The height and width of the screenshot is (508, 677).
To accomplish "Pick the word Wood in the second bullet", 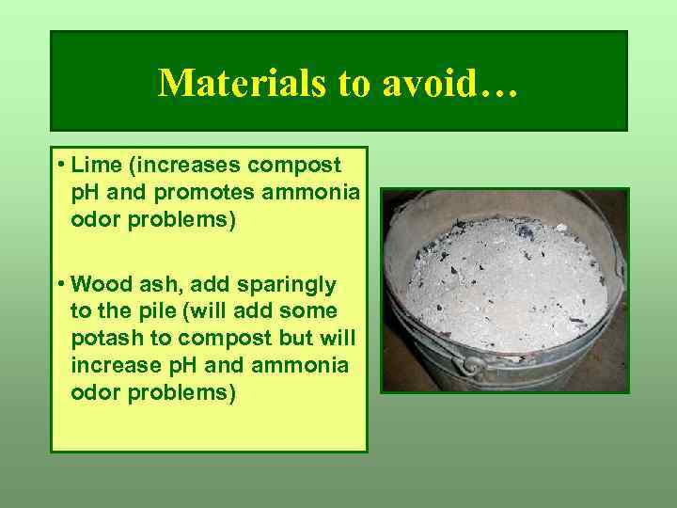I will click(102, 283).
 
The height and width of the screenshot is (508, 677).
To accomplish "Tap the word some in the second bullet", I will click(314, 311).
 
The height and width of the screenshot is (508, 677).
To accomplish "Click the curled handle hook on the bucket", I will click(467, 366).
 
